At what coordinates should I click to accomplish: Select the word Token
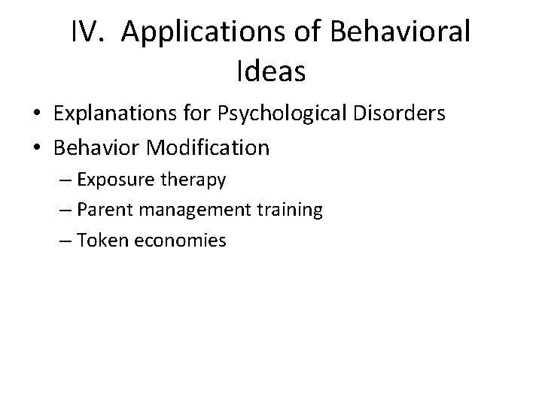click(x=108, y=241)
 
